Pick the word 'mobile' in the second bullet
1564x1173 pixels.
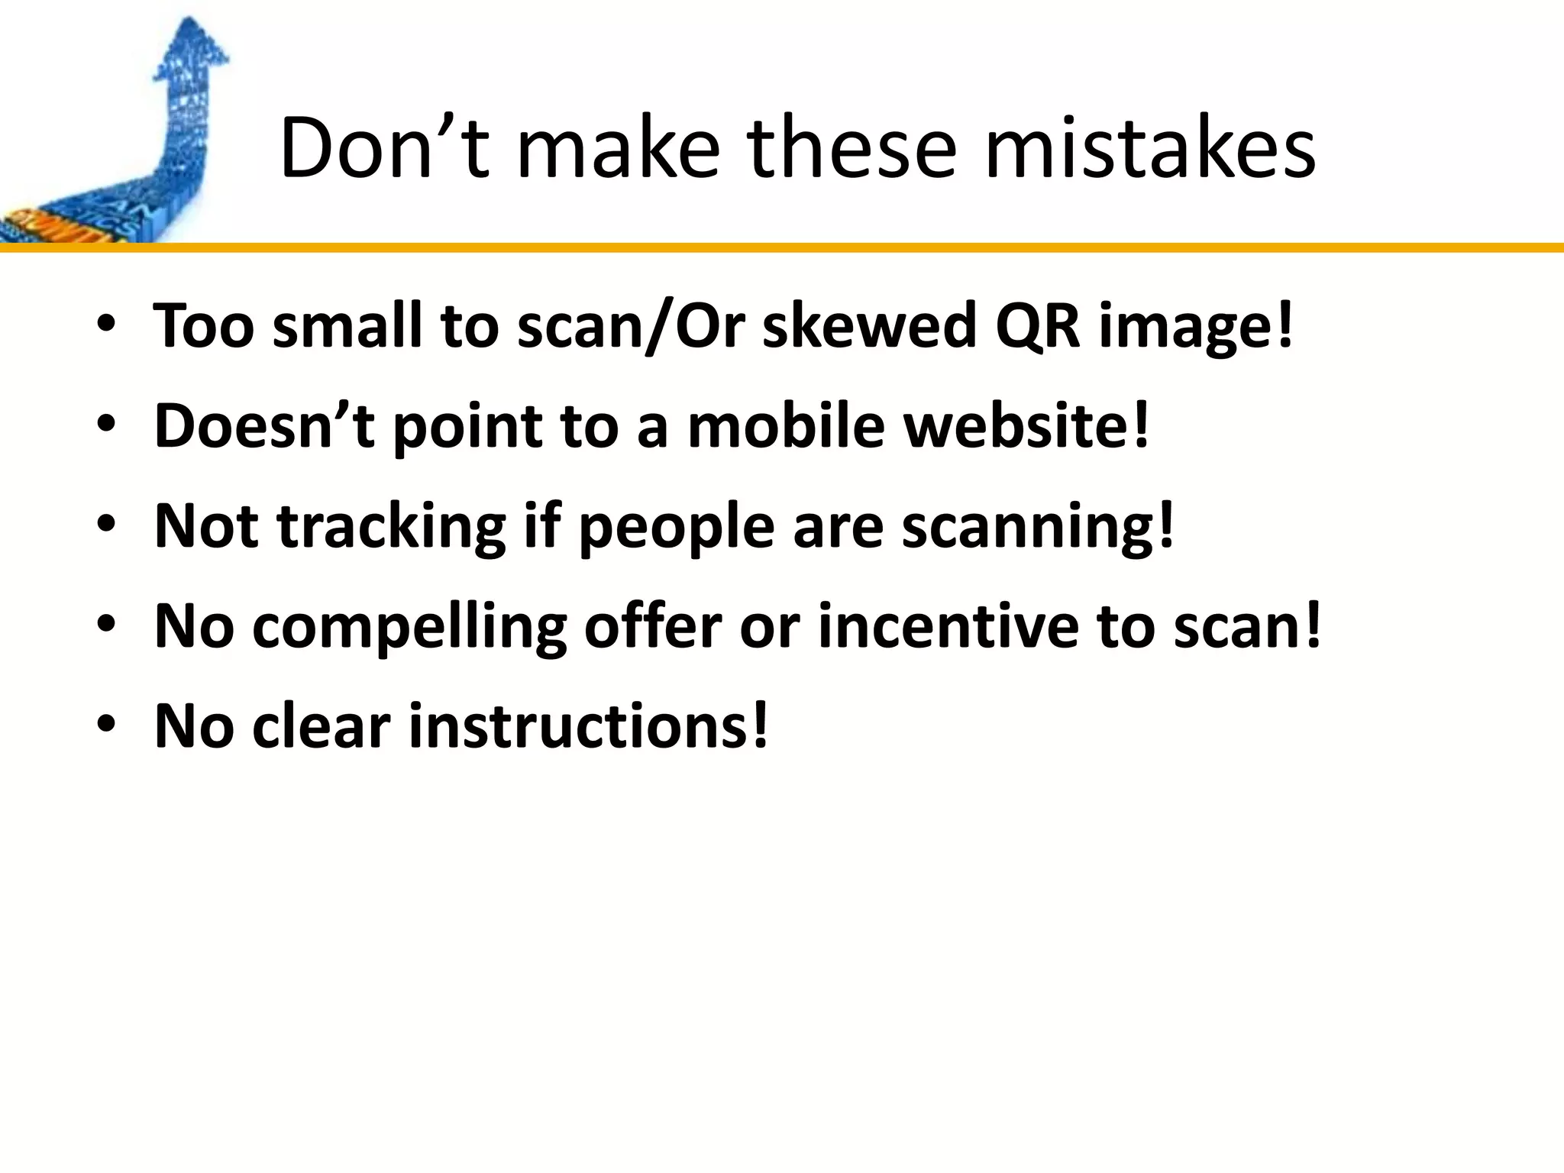[786, 425]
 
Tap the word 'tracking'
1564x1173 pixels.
[391, 527]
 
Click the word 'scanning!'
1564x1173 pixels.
[1038, 527]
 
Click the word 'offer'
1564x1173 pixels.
[652, 626]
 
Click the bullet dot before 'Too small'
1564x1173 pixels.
[106, 324]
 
